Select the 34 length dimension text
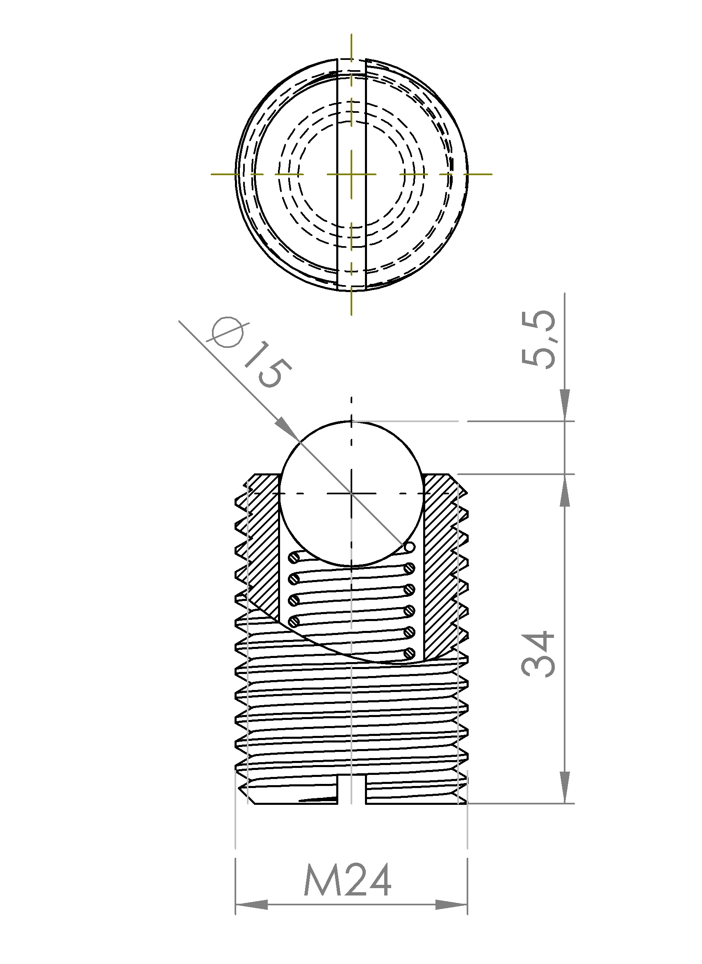538,655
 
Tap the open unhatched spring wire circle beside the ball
409,547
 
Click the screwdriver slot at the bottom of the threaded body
351,789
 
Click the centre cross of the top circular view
351,174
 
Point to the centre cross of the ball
351,493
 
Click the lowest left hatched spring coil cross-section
294,622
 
